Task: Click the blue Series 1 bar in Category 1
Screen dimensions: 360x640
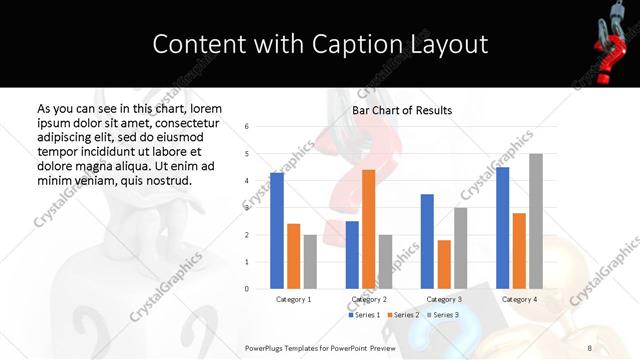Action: pos(277,230)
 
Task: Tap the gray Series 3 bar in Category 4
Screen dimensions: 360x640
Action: pos(536,221)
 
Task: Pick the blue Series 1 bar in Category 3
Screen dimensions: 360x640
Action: pos(427,241)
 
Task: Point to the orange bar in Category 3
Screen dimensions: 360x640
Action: pos(444,264)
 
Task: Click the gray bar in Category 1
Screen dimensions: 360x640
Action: pos(310,261)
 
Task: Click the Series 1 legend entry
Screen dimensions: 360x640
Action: pos(363,315)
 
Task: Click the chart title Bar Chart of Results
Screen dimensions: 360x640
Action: pos(401,110)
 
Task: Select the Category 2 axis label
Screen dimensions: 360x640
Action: pos(368,299)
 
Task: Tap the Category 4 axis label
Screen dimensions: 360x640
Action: pos(519,299)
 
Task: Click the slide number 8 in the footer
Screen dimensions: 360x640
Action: pos(590,347)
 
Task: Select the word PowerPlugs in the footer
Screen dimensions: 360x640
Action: pos(269,347)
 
